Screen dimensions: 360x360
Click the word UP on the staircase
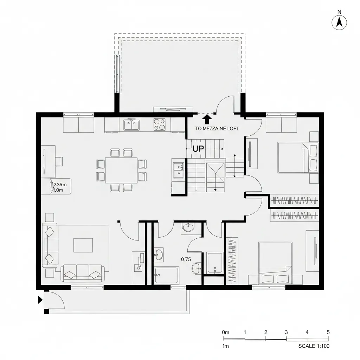tap(198, 149)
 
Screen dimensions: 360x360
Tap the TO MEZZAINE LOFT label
tap(217, 129)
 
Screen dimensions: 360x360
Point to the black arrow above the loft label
tap(207, 119)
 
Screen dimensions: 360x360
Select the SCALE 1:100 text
tap(314, 346)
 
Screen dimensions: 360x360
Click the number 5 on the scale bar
tap(328, 332)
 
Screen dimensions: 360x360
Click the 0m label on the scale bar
tap(226, 332)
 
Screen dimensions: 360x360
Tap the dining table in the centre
tap(121, 170)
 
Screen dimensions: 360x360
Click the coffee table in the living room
tap(83, 245)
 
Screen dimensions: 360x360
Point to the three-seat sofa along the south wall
tap(83, 273)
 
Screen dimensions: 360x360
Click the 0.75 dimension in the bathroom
tap(186, 259)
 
